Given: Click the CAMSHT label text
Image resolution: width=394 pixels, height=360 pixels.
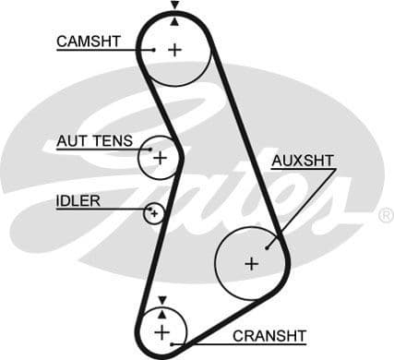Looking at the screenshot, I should (89, 41).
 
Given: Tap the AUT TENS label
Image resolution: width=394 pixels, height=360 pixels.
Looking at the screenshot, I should (94, 141).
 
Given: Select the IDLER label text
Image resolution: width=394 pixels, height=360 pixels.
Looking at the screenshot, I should (78, 200).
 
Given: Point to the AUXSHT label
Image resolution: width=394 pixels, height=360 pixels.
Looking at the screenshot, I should (303, 161).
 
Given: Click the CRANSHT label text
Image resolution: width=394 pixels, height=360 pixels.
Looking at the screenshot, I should (269, 334).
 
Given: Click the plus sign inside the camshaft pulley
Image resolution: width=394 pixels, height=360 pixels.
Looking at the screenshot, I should (174, 49).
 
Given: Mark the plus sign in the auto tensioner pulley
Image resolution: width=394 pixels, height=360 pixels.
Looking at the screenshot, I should (160, 158).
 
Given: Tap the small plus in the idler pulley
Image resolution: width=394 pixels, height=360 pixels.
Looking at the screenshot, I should (154, 213).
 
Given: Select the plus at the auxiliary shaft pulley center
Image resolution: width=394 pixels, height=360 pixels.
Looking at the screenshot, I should (251, 263).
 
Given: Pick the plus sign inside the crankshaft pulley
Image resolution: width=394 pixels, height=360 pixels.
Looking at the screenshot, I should (162, 330).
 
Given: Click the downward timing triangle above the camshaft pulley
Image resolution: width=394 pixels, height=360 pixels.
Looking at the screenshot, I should (174, 6).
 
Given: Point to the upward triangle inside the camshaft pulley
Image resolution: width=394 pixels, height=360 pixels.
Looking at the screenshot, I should (174, 20).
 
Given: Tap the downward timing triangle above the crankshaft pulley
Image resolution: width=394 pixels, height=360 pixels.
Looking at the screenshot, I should (162, 299).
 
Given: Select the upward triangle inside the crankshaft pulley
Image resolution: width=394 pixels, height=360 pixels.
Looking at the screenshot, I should (162, 312).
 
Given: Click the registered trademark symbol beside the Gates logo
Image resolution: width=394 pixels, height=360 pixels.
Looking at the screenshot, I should (385, 215).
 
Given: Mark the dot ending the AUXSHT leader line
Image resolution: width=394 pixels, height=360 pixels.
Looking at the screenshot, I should (268, 246).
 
